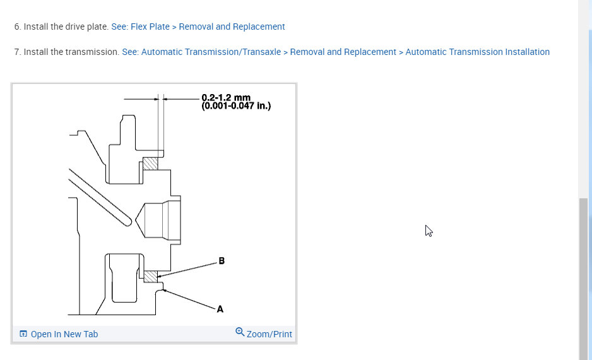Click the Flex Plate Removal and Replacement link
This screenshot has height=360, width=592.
pyautogui.click(x=198, y=27)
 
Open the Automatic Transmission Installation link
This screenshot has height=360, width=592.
pyautogui.click(x=477, y=52)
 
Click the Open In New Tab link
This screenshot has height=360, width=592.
pyautogui.click(x=64, y=334)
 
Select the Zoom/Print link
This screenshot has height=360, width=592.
pyautogui.click(x=269, y=334)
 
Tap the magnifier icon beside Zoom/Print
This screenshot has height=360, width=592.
pyautogui.click(x=240, y=332)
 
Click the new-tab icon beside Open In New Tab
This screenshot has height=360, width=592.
pyautogui.click(x=23, y=334)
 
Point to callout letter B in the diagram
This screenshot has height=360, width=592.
pyautogui.click(x=222, y=261)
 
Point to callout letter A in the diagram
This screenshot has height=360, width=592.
pyautogui.click(x=220, y=309)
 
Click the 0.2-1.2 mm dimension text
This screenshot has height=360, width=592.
pyautogui.click(x=226, y=97)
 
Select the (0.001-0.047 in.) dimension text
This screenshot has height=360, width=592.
pyautogui.click(x=236, y=105)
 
